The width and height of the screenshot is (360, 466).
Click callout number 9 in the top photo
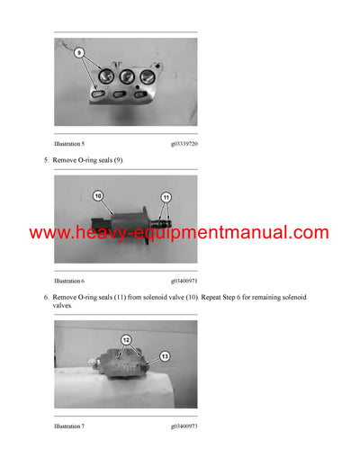click(78, 54)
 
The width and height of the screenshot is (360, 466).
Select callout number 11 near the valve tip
click(166, 196)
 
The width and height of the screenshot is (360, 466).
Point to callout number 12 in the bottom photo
click(126, 340)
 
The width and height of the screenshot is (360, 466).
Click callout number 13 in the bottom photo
click(164, 355)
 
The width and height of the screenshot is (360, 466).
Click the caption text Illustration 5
click(70, 143)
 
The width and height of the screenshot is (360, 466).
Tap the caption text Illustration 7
click(70, 426)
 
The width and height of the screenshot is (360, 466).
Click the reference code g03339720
click(184, 143)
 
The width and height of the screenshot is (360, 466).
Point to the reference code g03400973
click(184, 426)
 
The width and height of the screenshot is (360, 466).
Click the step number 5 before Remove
click(46, 160)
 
